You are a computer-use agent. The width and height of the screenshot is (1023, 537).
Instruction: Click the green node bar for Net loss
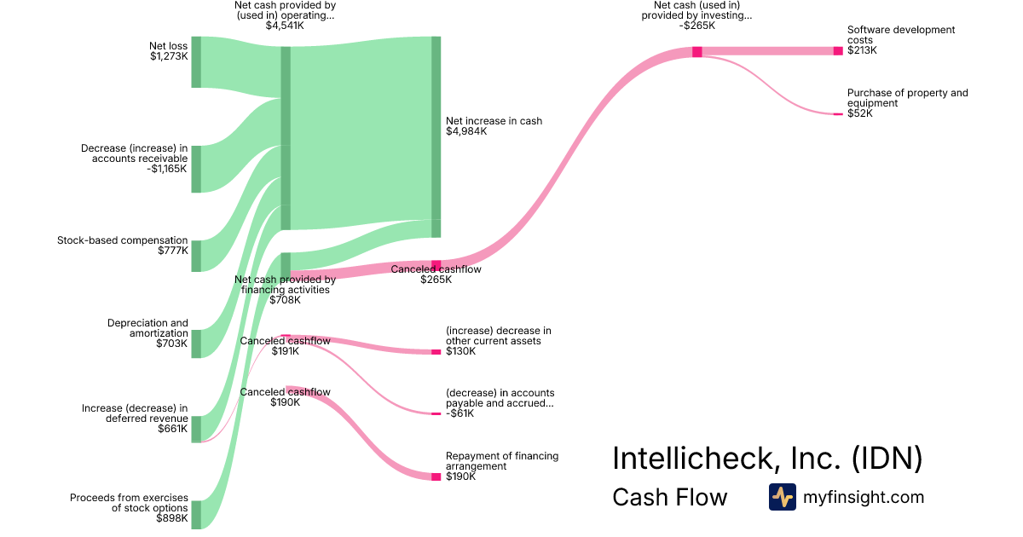(x=196, y=62)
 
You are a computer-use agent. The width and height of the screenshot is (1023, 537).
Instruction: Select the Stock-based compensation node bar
(x=196, y=256)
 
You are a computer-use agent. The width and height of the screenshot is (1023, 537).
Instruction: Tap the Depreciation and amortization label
(x=147, y=328)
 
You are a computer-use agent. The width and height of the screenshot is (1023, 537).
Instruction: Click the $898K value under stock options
(x=171, y=518)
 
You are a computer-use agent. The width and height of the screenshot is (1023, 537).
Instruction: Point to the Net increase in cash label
(x=494, y=121)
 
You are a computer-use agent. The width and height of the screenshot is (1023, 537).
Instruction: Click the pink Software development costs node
(x=837, y=51)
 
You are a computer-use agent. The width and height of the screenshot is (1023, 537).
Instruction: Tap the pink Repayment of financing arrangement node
(x=436, y=476)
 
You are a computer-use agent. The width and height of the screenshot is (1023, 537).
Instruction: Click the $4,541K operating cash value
(x=285, y=26)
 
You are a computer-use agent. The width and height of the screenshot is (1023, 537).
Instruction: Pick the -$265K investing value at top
(x=696, y=26)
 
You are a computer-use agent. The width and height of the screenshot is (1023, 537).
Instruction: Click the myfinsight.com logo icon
(x=782, y=497)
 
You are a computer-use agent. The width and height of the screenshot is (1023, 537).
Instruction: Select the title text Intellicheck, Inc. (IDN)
(x=767, y=459)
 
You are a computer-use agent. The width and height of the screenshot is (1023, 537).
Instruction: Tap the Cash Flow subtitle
(x=670, y=497)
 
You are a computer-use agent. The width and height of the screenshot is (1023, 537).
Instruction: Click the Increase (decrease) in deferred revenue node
(x=196, y=429)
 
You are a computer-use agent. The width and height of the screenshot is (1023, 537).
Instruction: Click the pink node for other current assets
(x=436, y=352)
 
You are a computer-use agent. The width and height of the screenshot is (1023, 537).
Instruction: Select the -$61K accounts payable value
(x=460, y=414)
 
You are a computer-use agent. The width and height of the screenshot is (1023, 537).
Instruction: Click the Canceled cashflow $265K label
(x=436, y=269)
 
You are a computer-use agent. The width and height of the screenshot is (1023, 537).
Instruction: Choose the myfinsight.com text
(x=863, y=497)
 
